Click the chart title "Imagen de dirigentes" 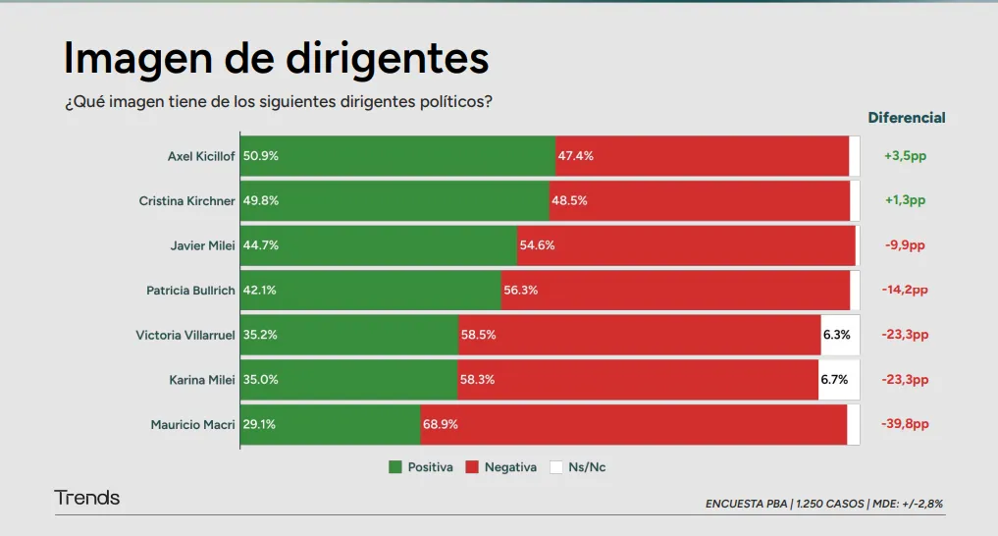tap(276, 59)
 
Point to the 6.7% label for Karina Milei tap(834, 380)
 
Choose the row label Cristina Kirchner tap(186, 201)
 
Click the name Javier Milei tap(202, 245)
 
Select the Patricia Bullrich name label tap(190, 291)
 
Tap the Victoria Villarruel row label tap(185, 336)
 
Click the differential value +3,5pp tap(904, 156)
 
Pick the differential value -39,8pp tap(904, 425)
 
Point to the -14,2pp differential tap(904, 291)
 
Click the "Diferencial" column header tap(906, 118)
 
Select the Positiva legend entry tap(421, 467)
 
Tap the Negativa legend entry tap(501, 467)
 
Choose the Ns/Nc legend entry tap(578, 467)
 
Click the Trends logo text tap(87, 498)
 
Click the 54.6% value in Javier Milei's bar tap(537, 245)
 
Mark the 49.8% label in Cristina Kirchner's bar tap(261, 201)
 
